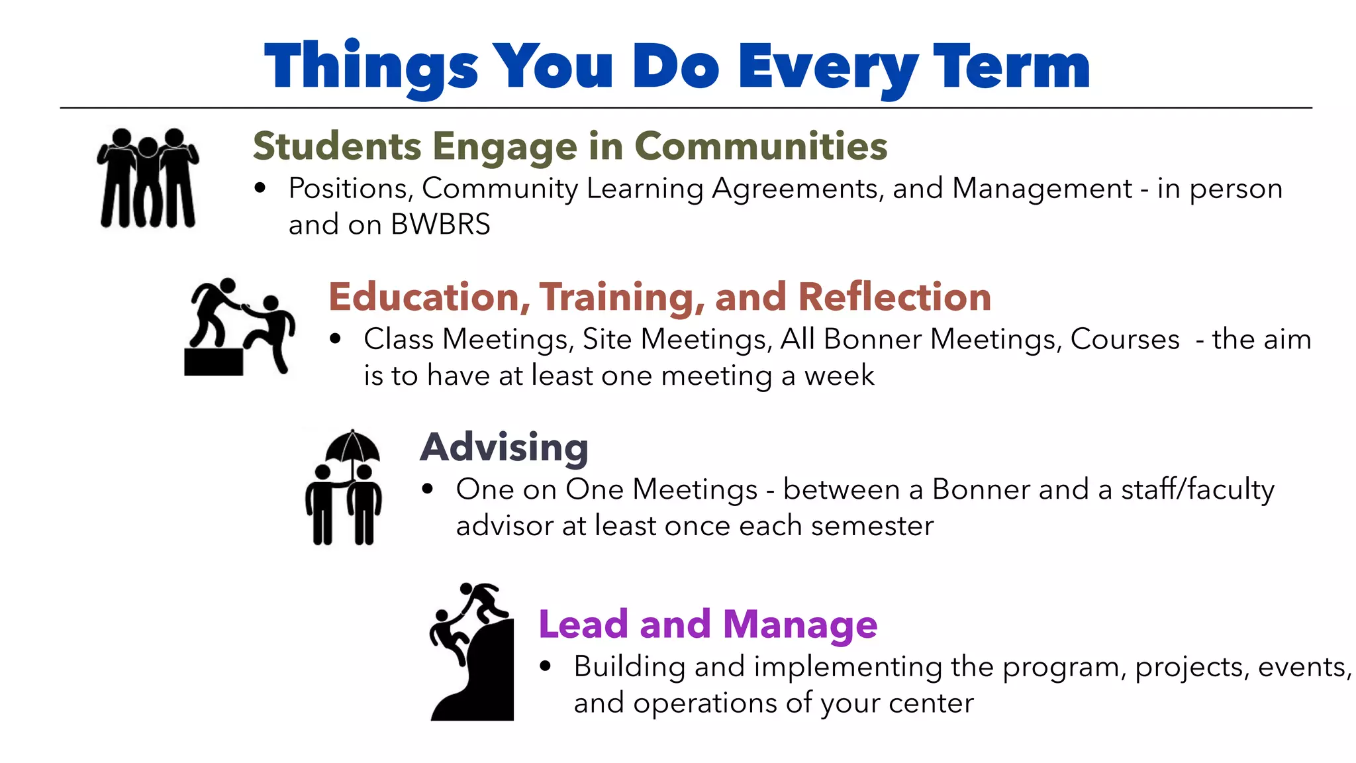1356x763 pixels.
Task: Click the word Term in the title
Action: (x=1011, y=66)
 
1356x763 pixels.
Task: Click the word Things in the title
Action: (x=371, y=66)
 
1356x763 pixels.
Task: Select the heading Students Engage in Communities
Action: (x=569, y=146)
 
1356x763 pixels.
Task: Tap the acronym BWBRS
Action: (x=440, y=225)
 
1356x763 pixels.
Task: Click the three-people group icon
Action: (x=148, y=178)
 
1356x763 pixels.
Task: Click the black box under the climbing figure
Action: (x=213, y=362)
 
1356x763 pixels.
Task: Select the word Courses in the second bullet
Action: (x=1124, y=339)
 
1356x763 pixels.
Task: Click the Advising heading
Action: (x=504, y=447)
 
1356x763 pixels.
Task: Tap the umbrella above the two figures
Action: (x=352, y=447)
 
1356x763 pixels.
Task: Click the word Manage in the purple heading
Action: (x=800, y=624)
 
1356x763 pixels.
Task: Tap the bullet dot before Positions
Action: (x=260, y=189)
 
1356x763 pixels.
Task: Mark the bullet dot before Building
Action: (x=545, y=666)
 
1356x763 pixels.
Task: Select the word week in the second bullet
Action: (x=839, y=376)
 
